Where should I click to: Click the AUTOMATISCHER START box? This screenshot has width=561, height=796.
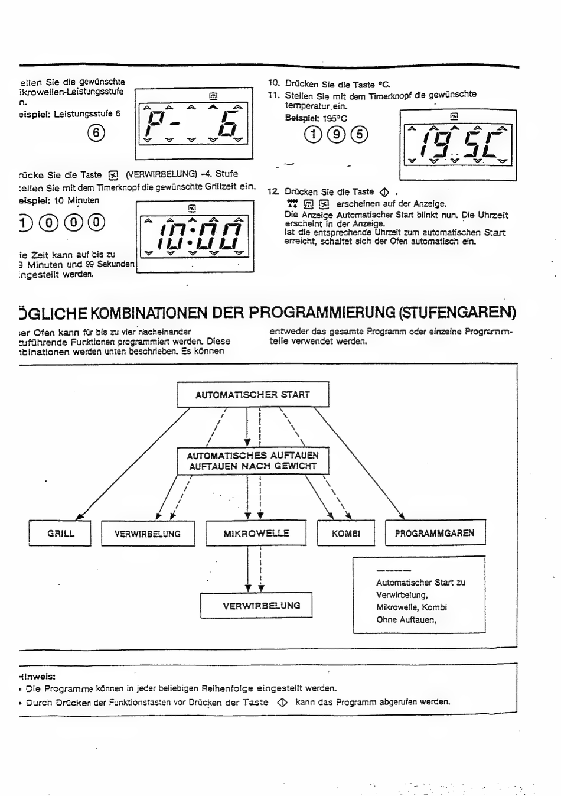click(x=253, y=395)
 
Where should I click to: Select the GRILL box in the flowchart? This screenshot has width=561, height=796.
click(x=60, y=534)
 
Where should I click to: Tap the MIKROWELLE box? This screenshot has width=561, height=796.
click(x=256, y=533)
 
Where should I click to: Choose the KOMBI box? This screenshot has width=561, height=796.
click(x=346, y=534)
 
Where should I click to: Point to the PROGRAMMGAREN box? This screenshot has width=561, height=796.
click(x=435, y=533)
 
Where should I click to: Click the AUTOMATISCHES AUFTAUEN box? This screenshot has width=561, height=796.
click(x=253, y=461)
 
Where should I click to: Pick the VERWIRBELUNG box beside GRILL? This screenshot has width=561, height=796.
click(x=148, y=534)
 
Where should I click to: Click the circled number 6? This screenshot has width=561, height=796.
click(x=96, y=133)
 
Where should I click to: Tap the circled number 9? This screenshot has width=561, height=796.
click(x=336, y=135)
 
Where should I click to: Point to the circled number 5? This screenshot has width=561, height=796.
click(x=359, y=135)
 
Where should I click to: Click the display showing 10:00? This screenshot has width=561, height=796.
click(x=194, y=236)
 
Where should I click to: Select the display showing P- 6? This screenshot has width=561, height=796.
click(x=194, y=124)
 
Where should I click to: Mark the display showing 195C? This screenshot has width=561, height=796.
click(x=458, y=145)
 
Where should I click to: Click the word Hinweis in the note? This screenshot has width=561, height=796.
click(x=37, y=677)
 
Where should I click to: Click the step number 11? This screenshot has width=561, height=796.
click(x=273, y=95)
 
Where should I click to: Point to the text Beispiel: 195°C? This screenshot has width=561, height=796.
click(x=316, y=118)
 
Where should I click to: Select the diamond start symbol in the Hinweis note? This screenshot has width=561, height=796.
click(x=282, y=703)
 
